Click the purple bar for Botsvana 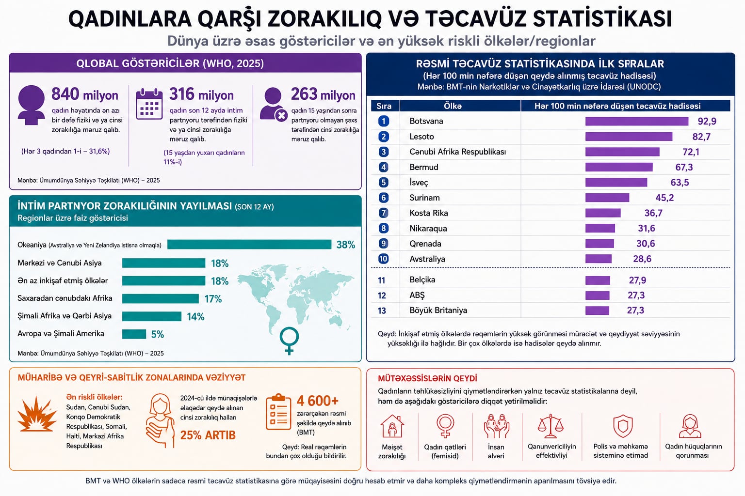pos(636,121)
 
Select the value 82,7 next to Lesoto pos(701,137)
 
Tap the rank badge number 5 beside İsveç pos(384,183)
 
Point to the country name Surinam pos(424,198)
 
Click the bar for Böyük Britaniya pos(598,310)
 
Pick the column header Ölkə pos(453,106)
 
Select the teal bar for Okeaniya pos(249,245)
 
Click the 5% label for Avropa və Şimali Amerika pos(157,334)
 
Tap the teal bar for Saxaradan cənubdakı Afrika pos(161,299)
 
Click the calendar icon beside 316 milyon pos(149,104)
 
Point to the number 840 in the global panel pos(65,94)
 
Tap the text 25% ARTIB pos(208,435)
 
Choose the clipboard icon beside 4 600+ pos(278,412)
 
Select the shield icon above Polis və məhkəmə pos(623,426)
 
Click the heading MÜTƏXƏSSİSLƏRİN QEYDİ pos(427,378)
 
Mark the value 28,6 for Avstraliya pos(642,259)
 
